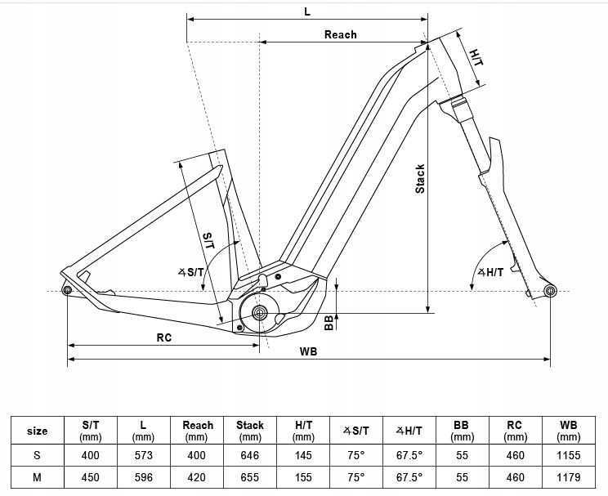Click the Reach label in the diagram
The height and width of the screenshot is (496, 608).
(x=340, y=34)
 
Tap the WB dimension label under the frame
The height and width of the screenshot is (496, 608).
(x=308, y=351)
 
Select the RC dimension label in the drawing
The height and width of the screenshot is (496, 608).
(x=163, y=337)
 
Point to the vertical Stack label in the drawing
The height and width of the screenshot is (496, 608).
(x=420, y=178)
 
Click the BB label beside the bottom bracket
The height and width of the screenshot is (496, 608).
(x=329, y=322)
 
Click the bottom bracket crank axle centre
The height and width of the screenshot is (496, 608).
(x=260, y=312)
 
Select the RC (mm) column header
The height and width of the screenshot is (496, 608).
(x=514, y=431)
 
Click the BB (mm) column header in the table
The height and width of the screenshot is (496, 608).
(x=462, y=431)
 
